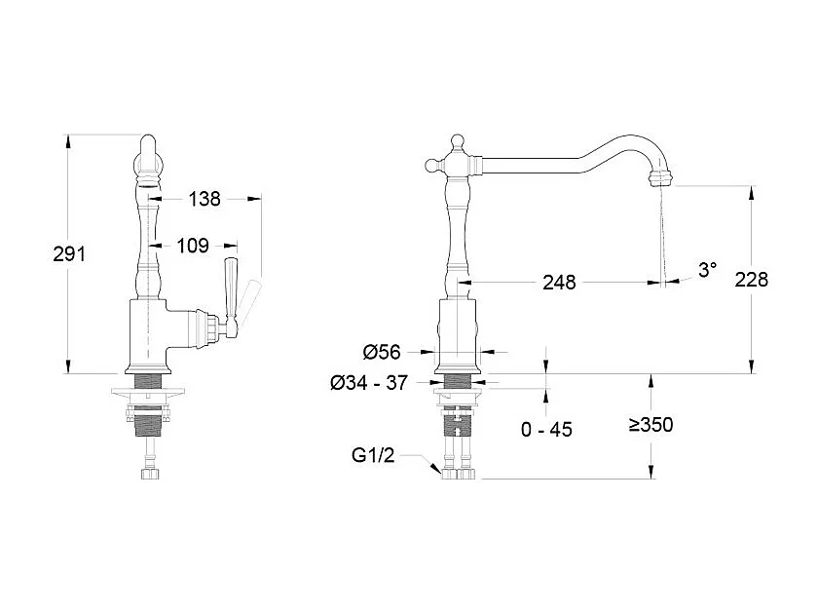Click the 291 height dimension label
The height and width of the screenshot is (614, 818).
pos(69,253)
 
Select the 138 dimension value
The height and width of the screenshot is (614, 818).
pos(204,199)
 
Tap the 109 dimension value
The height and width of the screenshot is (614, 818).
pos(192,246)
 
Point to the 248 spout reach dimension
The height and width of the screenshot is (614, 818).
pos(559,283)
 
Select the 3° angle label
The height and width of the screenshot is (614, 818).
pos(707,271)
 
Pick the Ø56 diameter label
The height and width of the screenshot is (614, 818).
pos(383,352)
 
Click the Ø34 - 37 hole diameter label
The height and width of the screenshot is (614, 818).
pos(368,383)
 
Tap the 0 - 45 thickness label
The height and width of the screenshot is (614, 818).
pos(545,430)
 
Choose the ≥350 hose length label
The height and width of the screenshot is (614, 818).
pos(651,425)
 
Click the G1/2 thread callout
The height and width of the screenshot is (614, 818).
pos(374,455)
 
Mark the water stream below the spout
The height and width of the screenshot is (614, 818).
pos(662,234)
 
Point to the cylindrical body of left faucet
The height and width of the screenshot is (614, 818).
pos(146,336)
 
